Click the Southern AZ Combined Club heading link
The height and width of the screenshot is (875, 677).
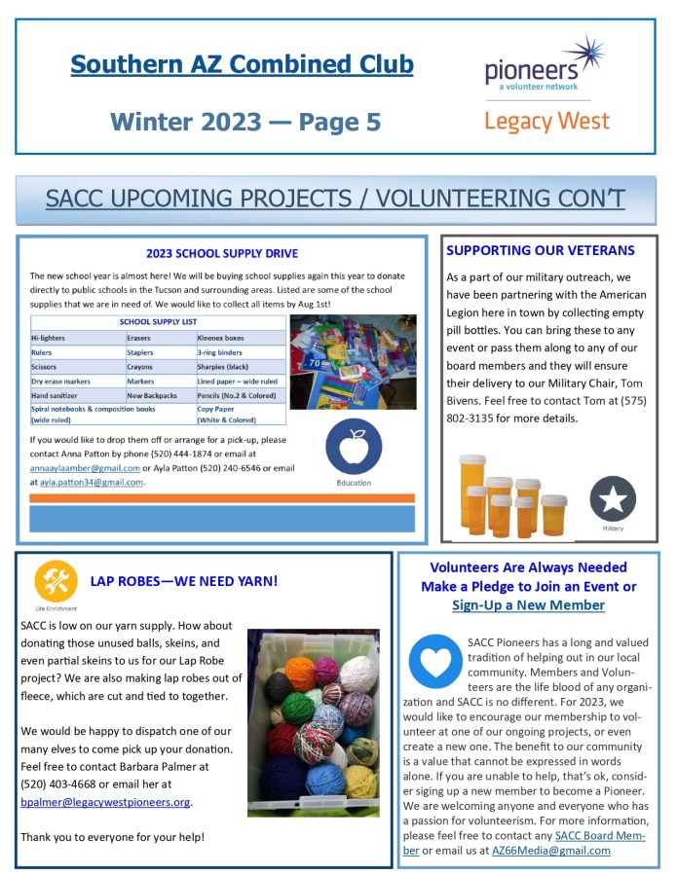point(242,65)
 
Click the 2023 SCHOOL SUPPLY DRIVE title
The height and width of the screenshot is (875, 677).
point(222,254)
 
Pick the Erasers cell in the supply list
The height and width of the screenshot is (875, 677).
point(140,338)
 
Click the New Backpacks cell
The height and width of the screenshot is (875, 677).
point(152,396)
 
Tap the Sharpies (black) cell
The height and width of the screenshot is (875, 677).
point(225,367)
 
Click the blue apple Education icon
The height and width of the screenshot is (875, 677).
point(354,447)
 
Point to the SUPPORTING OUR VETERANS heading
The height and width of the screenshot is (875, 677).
point(540,250)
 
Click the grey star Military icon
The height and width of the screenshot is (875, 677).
point(613,498)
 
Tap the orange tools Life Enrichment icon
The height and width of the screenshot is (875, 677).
point(56,580)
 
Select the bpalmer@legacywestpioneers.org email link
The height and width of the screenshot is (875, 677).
point(105,802)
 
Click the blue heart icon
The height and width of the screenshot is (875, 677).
point(434,662)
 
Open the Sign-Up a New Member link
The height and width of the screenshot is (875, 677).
point(528,604)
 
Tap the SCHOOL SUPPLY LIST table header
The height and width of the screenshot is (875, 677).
point(158,321)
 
